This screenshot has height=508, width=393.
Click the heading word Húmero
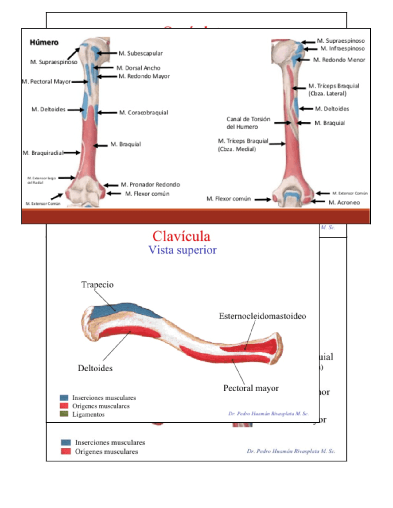(x=44, y=42)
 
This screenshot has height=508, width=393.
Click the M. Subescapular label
(x=141, y=53)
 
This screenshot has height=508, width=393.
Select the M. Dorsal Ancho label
(x=138, y=68)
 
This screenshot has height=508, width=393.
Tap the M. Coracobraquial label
(x=144, y=113)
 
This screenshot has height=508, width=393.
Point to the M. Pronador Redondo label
(x=150, y=184)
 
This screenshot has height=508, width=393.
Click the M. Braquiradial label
(x=43, y=153)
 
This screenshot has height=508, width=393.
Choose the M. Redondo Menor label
(x=339, y=60)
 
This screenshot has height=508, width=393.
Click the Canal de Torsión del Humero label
(x=248, y=123)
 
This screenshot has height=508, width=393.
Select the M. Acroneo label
(x=344, y=202)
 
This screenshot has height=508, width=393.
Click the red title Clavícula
(x=181, y=237)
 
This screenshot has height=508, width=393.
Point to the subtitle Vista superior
(x=182, y=250)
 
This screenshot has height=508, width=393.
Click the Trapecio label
(x=97, y=285)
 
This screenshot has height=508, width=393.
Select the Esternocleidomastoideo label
(x=262, y=316)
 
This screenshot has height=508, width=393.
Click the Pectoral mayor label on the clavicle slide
(x=251, y=388)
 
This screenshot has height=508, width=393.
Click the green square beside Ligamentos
(x=64, y=414)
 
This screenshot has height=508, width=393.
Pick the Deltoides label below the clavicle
(x=95, y=368)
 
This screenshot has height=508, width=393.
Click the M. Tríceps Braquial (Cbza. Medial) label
(x=243, y=145)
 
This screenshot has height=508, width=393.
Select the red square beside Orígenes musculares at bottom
(x=66, y=451)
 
